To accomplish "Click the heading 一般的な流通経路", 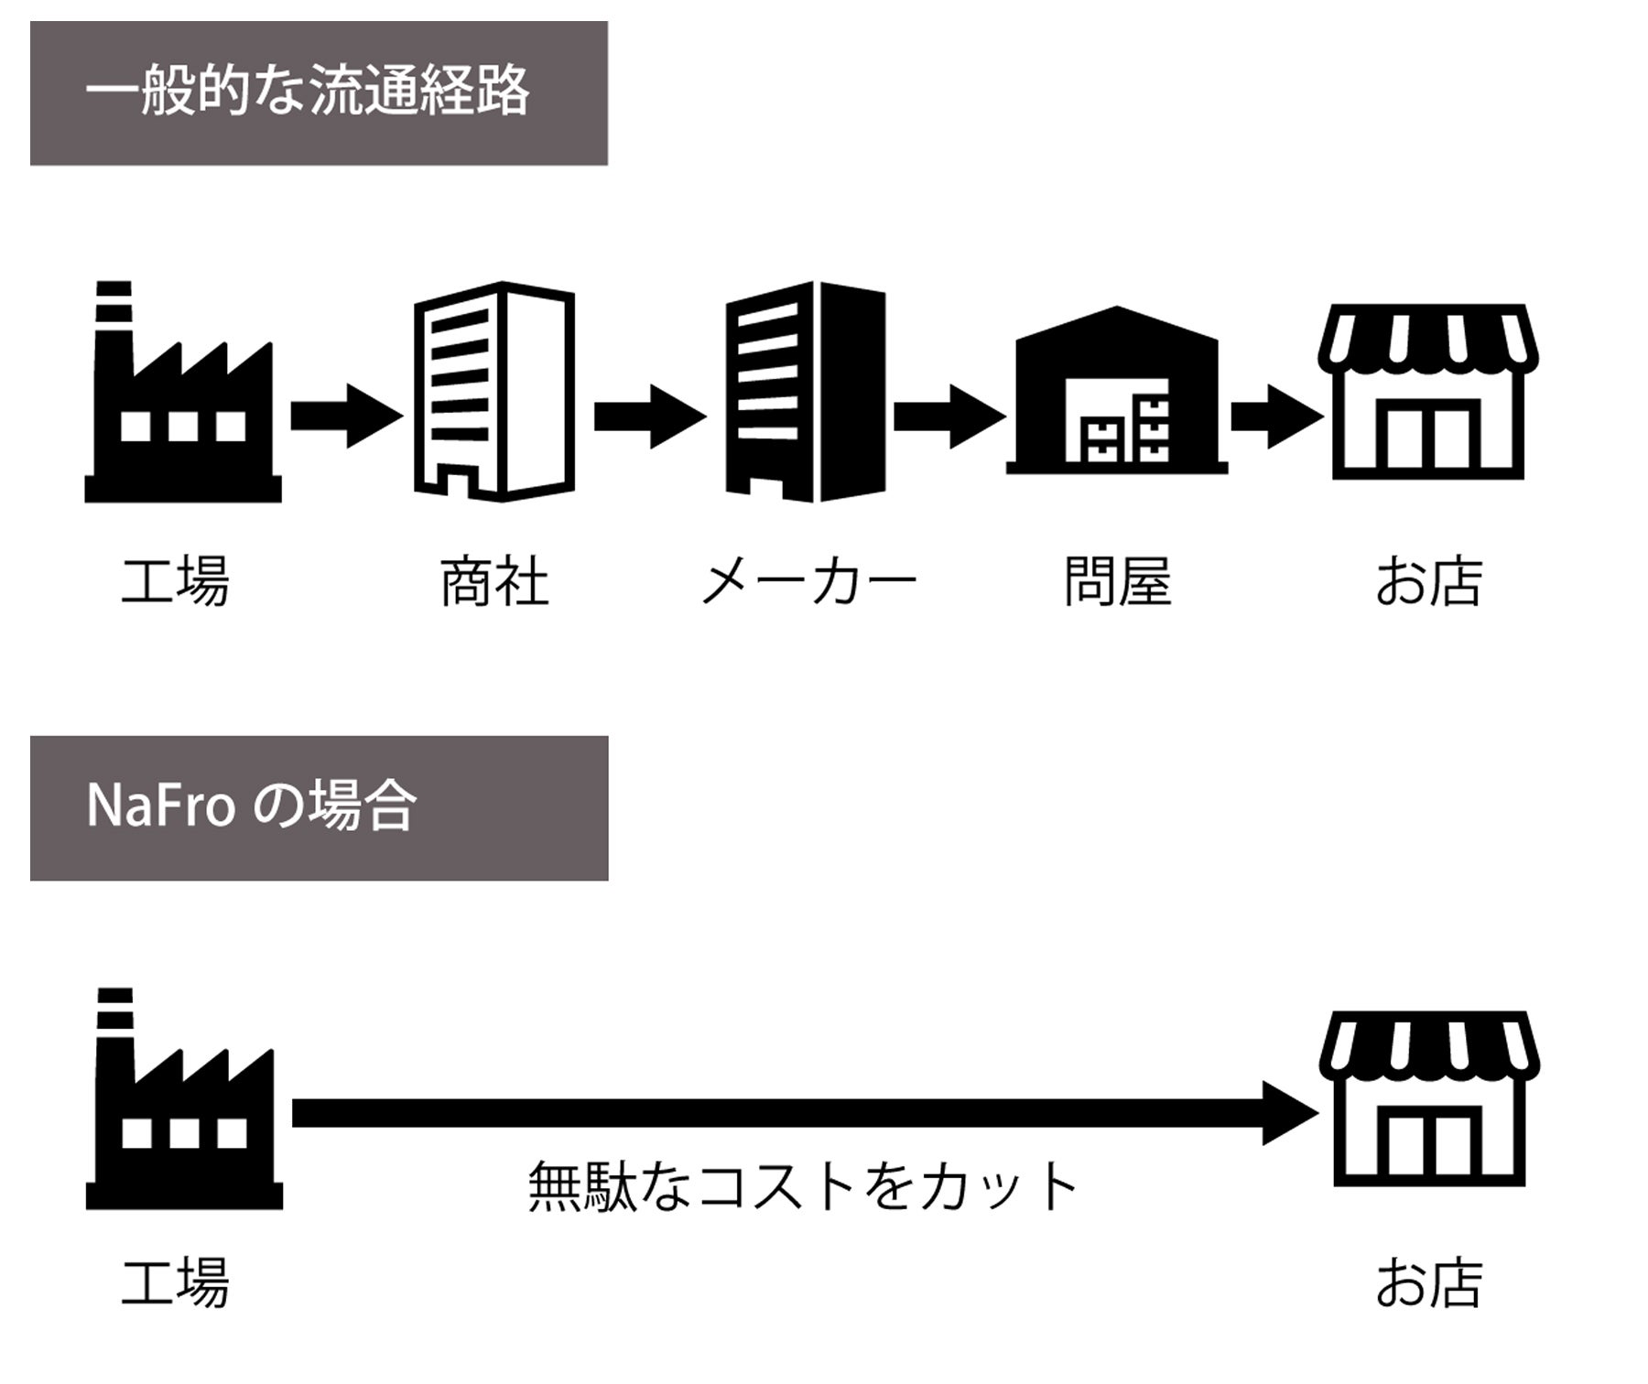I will (308, 92).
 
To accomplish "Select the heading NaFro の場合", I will (251, 806).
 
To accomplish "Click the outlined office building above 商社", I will (494, 392).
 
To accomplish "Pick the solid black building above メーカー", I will (806, 392).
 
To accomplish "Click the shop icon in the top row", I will (1428, 392).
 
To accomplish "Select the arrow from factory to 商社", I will (345, 416).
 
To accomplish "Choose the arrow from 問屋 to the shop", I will (1275, 416).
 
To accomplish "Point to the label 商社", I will (494, 582).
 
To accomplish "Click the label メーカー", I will (808, 582).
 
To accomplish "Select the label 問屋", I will (1117, 582).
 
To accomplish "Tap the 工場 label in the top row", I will (176, 582).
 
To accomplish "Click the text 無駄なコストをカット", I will (804, 1187).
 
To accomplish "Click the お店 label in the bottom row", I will (1428, 1282).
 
